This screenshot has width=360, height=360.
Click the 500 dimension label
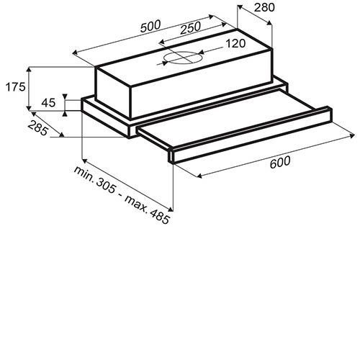click(150, 26)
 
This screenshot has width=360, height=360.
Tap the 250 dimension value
click(190, 27)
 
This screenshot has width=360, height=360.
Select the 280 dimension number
click(264, 8)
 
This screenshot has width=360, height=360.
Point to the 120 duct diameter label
click(235, 43)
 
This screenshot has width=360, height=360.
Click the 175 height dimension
click(15, 86)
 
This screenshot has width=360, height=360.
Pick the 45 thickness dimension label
click(48, 103)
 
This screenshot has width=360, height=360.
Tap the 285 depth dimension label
click(38, 128)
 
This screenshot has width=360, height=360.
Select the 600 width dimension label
click(280, 162)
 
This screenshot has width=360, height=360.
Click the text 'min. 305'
click(94, 179)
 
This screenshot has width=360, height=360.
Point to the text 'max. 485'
click(148, 210)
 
